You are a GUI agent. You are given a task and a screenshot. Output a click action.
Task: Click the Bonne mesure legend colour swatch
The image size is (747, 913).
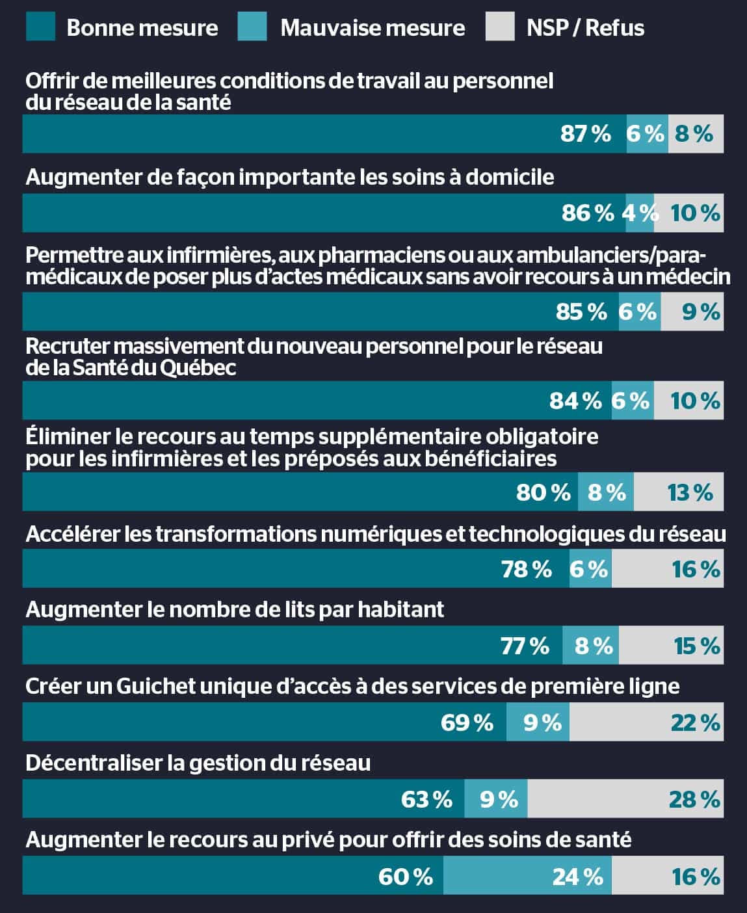click(x=40, y=27)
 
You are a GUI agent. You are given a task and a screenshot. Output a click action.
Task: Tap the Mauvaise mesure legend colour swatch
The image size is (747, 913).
click(x=252, y=27)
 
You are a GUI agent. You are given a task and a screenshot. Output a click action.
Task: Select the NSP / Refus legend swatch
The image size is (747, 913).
click(x=499, y=27)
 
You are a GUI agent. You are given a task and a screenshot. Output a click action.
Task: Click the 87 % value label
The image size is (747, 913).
click(x=586, y=134)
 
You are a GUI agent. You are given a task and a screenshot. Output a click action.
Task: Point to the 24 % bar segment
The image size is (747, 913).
click(x=527, y=876)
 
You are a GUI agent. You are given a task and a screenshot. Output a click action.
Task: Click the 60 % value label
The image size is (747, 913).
click(x=406, y=877)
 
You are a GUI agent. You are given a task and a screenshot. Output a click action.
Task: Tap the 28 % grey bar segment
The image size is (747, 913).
click(x=625, y=799)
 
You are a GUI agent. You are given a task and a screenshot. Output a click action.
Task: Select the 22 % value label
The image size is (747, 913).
click(x=695, y=722)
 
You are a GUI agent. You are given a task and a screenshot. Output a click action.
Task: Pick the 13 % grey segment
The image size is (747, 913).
click(x=678, y=492)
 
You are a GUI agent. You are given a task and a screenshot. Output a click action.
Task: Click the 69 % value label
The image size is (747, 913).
click(x=467, y=722)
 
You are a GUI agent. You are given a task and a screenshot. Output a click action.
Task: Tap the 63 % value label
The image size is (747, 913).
click(x=426, y=799)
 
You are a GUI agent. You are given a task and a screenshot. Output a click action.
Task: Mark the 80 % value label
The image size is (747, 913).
click(x=543, y=492)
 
